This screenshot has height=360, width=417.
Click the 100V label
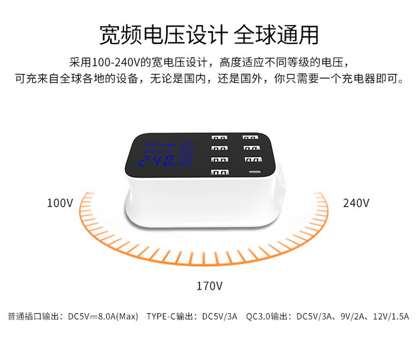click(60, 203)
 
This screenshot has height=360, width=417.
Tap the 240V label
click(356, 203)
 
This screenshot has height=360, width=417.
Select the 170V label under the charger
click(209, 285)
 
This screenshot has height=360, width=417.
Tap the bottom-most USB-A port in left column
click(219, 173)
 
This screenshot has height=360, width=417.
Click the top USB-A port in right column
click(249, 138)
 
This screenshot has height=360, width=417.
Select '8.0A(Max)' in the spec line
click(118, 316)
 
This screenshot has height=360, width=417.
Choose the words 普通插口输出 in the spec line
click(34, 316)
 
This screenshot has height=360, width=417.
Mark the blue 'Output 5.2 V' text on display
click(158, 151)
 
